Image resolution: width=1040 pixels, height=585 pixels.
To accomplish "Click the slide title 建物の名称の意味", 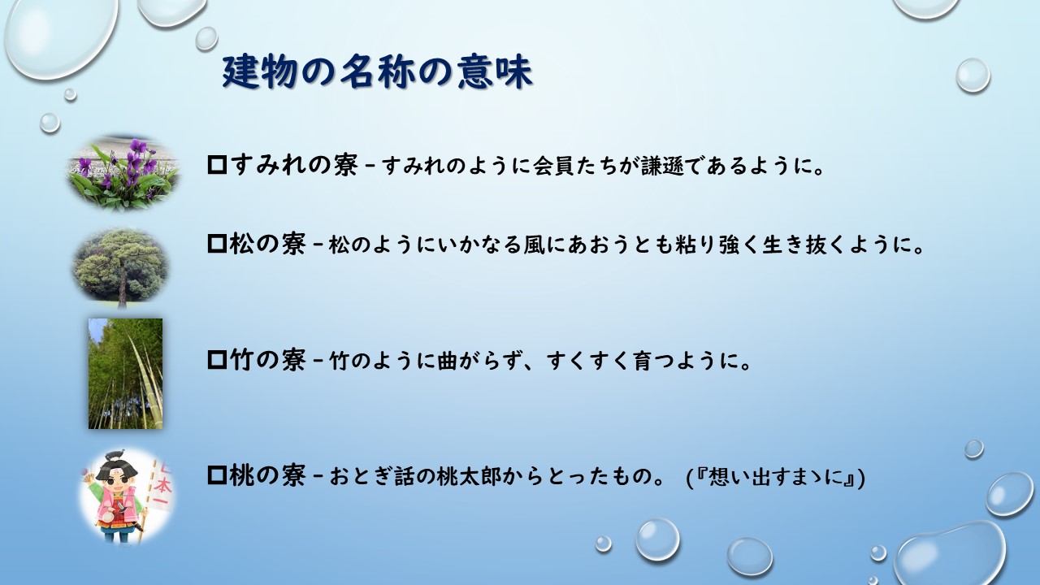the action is pos(377,72).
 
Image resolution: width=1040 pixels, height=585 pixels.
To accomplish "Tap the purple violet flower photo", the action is pos(123,171).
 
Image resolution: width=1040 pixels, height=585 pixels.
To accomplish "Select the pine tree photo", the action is pos(121,267).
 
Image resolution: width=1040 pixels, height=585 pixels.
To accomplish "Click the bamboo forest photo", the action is pos(125,373).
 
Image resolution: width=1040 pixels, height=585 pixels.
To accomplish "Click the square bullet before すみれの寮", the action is pos(217,165).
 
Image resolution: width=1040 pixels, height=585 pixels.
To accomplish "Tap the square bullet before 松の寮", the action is pos(217,244).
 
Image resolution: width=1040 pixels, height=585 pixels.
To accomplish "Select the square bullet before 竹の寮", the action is pos(217,360).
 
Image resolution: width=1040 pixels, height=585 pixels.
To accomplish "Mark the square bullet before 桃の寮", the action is pos(217,475).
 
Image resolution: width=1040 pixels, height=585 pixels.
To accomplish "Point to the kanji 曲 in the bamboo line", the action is pos(448,362).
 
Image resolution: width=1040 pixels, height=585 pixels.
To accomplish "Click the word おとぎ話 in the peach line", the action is pos(372,477).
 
